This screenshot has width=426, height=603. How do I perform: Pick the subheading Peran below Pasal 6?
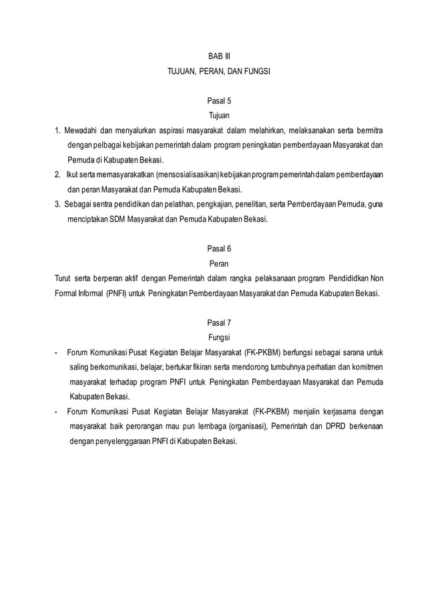219,263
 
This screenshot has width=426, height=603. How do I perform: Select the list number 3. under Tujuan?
58,204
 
